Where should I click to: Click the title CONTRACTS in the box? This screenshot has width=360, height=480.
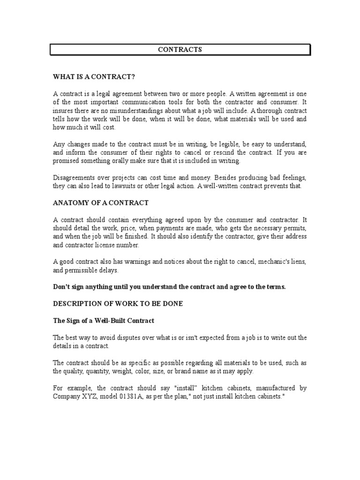coord(180,50)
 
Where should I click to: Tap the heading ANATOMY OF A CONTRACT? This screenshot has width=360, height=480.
coord(101,203)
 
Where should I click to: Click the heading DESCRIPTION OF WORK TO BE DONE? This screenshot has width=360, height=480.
coord(118,304)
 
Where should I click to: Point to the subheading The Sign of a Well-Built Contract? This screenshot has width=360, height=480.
coord(104,321)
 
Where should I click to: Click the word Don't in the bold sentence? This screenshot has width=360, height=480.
coord(61,287)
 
